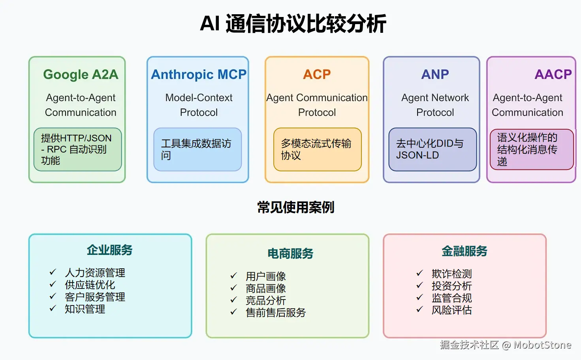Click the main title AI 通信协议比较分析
[293, 24]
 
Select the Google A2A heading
[81, 74]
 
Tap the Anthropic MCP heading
[198, 74]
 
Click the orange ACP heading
[317, 74]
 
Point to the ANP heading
[435, 74]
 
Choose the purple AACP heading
[553, 74]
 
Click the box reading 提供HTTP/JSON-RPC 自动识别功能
[77, 149]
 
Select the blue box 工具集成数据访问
[197, 149]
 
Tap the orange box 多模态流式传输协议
[317, 149]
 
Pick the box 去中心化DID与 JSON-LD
[432, 149]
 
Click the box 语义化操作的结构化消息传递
[531, 149]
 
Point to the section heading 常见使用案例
[295, 207]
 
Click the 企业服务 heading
[109, 250]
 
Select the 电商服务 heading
[290, 253]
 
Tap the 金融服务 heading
[464, 251]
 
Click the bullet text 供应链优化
[90, 285]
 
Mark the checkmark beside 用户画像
[233, 275]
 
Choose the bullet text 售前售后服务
[276, 313]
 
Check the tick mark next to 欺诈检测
[419, 273]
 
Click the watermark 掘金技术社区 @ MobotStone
[506, 345]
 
